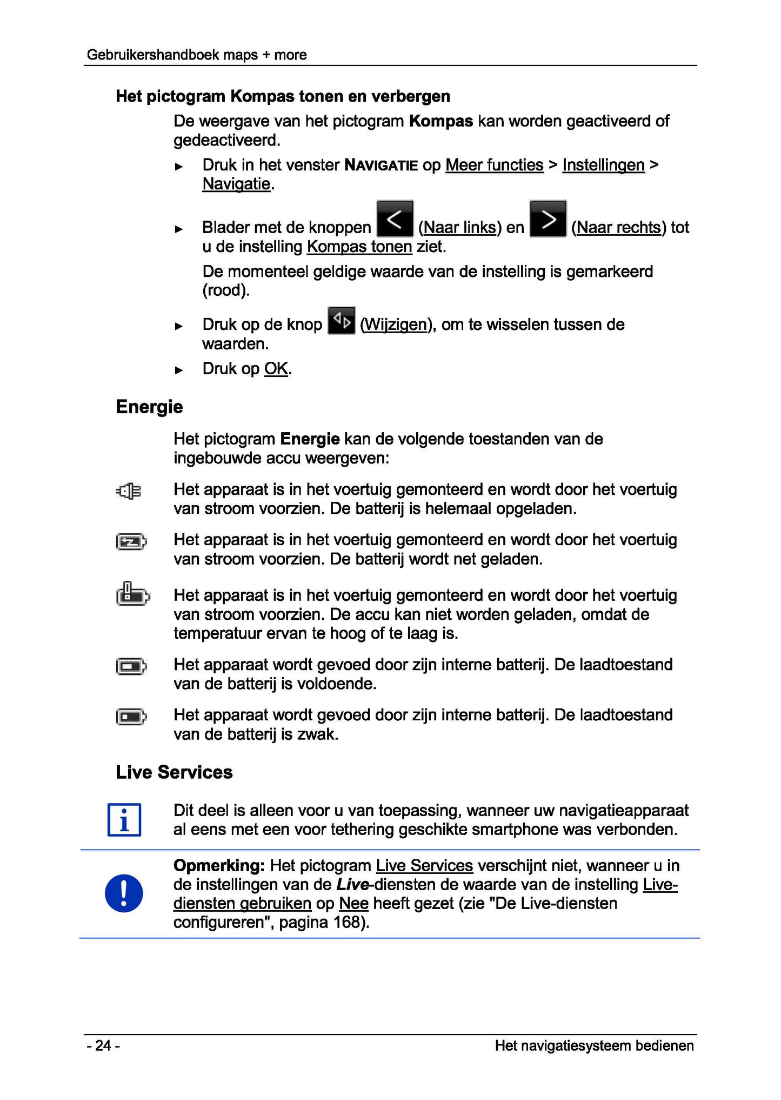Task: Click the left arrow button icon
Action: coord(395,219)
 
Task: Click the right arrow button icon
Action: coord(548,219)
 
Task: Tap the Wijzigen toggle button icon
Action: coord(342,321)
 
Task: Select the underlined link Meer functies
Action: coord(494,165)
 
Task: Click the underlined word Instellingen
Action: coord(603,165)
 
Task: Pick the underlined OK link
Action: coord(276,369)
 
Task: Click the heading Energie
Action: coord(149,407)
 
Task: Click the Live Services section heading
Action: coord(174,772)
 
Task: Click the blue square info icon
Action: coord(124,820)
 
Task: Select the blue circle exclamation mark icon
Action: coord(124,893)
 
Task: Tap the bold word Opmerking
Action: coord(218,866)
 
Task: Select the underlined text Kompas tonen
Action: coord(359,247)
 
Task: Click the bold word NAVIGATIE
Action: coord(381,165)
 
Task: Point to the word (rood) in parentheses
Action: coord(226,290)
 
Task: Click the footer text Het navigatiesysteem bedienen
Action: coord(594,1046)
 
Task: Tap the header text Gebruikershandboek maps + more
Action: coord(197,55)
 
